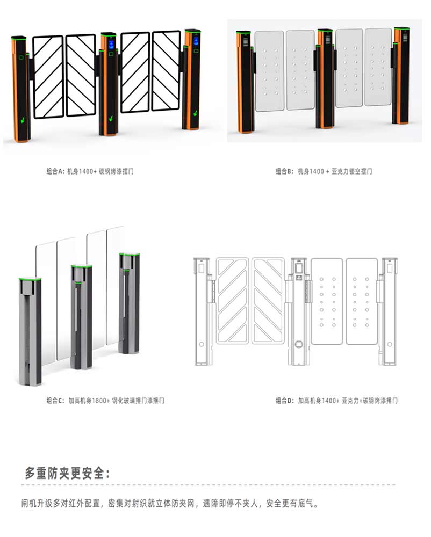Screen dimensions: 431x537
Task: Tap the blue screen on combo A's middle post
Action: (111, 45)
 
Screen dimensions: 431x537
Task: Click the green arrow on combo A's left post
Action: (23, 120)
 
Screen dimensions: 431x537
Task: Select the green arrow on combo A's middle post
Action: (111, 119)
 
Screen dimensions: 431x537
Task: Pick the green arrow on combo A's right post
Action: (196, 112)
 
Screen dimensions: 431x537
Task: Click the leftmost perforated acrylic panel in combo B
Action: (270, 71)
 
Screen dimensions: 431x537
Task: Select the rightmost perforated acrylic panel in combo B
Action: (378, 67)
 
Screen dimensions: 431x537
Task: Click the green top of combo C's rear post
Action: (130, 255)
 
